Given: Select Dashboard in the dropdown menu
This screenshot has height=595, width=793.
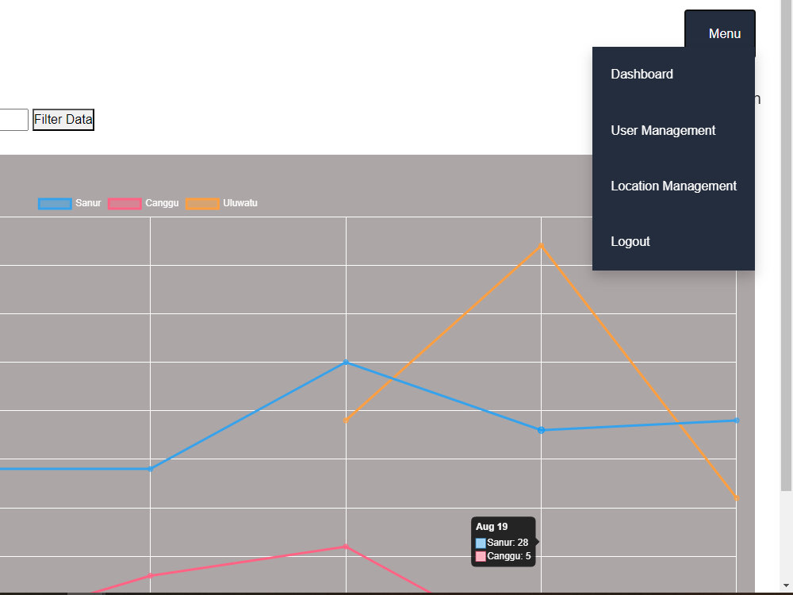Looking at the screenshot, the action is (642, 75).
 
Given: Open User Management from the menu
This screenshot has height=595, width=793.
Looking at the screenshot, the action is (663, 131).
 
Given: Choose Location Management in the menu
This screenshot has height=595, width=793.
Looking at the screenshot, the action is (673, 186).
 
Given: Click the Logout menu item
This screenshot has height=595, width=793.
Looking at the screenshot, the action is (630, 241).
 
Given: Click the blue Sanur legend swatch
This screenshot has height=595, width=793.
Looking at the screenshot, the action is (55, 203).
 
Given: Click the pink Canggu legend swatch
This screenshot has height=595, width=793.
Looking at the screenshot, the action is (125, 203).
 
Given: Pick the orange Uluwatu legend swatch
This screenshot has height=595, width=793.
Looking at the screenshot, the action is (202, 203).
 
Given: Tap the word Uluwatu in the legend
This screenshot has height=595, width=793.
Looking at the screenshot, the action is (240, 203).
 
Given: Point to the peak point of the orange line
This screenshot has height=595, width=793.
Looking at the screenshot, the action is (541, 246).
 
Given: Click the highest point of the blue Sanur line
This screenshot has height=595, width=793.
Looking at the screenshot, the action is (346, 363).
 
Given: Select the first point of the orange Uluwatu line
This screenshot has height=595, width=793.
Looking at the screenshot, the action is (346, 420).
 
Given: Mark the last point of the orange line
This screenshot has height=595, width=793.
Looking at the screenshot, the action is (737, 498).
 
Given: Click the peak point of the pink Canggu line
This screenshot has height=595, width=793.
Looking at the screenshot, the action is (346, 547).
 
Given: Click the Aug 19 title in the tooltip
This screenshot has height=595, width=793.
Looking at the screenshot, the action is (492, 527).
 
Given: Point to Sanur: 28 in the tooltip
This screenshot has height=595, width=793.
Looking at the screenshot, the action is (508, 543).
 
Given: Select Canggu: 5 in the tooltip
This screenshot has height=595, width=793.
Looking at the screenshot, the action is (509, 556).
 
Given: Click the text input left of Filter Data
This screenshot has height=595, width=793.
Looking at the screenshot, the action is (13, 120).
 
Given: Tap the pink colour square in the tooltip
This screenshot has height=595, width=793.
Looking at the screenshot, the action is (481, 557).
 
